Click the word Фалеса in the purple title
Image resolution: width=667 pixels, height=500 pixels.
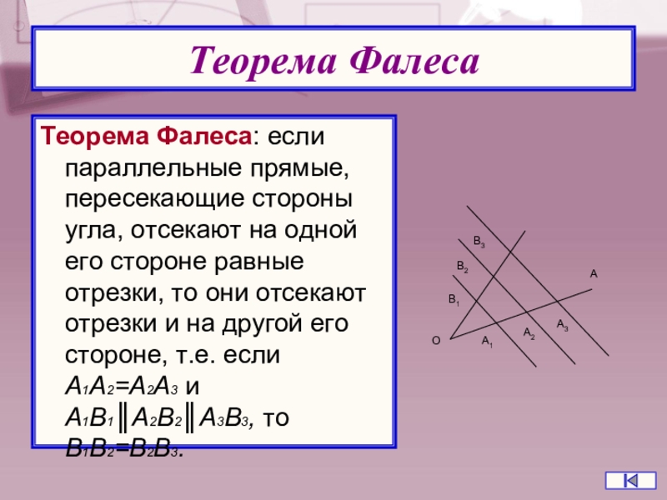pos(414,61)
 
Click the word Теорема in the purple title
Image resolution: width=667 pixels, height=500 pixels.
pos(263,61)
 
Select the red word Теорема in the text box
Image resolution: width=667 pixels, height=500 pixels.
pos(95,136)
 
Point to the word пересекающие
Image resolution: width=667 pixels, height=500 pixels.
pos(154,199)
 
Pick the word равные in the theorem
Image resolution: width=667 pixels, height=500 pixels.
pos(258,262)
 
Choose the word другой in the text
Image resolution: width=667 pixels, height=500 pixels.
pos(261,324)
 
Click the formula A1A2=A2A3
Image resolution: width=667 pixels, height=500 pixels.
pos(121,387)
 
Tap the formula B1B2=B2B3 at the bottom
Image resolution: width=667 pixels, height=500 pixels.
pos(124,448)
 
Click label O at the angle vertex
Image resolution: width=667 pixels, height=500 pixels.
pos(436,341)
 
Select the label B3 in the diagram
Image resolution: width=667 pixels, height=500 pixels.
pos(479,242)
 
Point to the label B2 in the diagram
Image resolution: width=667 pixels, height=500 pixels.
pos(463,267)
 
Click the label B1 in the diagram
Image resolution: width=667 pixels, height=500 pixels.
pos(454,300)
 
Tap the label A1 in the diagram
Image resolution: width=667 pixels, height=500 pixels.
pos(487,342)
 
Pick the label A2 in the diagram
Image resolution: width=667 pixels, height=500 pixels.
pos(529,332)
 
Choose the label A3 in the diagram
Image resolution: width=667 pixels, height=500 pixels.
pos(562,325)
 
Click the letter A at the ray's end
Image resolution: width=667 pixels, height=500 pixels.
pos(594,274)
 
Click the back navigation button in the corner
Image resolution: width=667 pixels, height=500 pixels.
pos(630,481)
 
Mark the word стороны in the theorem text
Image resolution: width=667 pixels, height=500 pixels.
pos(302,199)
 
